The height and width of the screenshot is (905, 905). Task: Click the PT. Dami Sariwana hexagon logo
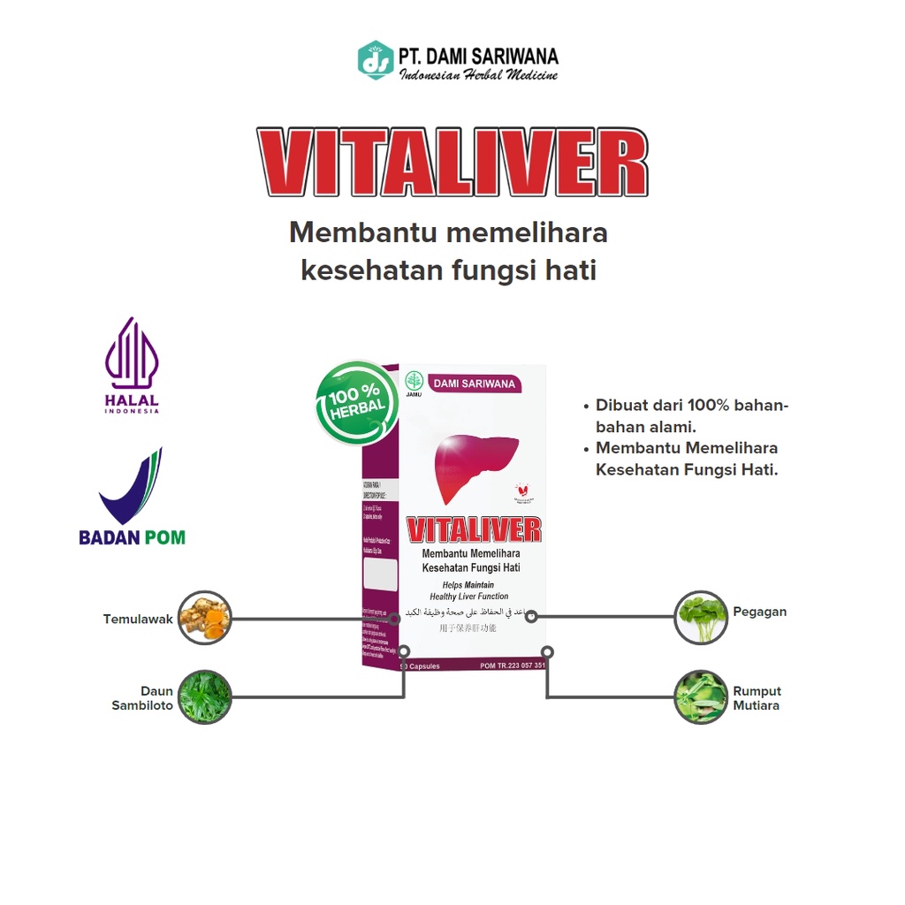point(376,59)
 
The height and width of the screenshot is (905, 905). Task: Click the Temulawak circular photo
point(204,618)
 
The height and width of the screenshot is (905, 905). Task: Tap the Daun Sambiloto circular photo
point(204,696)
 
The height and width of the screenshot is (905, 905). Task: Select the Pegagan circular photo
point(700,617)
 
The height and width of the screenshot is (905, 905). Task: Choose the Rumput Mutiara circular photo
point(700,696)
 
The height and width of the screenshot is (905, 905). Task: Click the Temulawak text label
point(138,620)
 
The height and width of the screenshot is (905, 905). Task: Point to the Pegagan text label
point(759,612)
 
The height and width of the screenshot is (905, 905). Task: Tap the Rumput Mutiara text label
point(757,698)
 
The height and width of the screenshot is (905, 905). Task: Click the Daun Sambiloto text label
point(143,698)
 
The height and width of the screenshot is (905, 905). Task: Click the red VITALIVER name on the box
point(474,529)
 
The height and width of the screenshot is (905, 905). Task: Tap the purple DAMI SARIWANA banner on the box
point(475,384)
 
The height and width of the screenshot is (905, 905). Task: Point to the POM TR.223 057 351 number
point(512,665)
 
